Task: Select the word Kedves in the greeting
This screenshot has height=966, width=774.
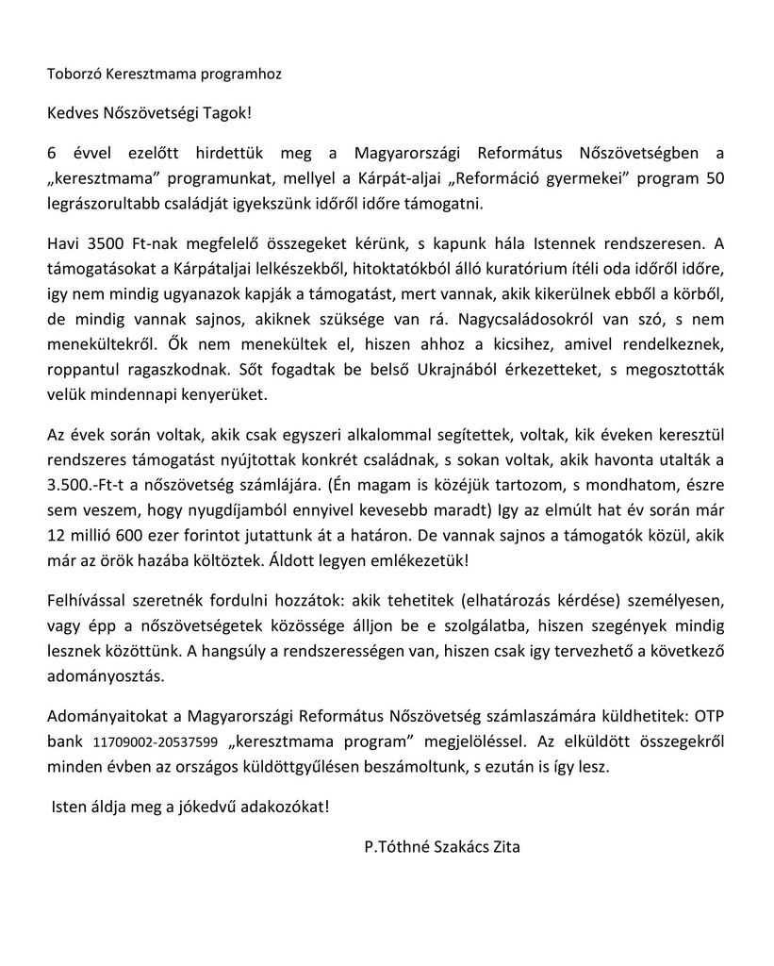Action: click(73, 113)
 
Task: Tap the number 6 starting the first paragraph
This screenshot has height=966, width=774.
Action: click(51, 153)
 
